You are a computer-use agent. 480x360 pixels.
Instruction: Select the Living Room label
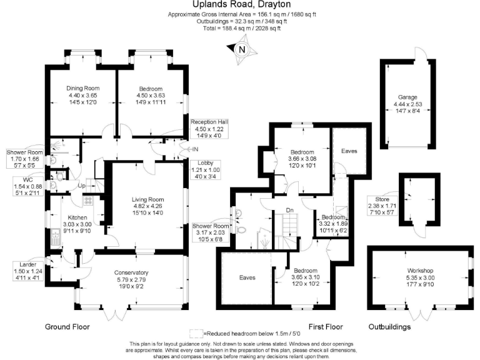(x=147, y=200)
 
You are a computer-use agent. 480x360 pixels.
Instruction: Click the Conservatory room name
(x=131, y=272)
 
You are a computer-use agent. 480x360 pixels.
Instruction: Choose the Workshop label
(x=419, y=271)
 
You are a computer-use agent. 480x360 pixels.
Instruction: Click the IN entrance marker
(x=196, y=149)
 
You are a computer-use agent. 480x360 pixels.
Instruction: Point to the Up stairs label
(x=81, y=186)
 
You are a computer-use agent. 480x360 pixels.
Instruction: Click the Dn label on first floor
(x=289, y=210)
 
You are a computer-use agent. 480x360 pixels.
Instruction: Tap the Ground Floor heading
(x=67, y=327)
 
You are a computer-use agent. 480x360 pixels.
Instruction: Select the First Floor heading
(x=326, y=327)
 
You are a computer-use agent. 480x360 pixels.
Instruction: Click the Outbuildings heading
(x=389, y=327)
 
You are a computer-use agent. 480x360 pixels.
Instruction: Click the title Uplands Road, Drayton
(x=240, y=4)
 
